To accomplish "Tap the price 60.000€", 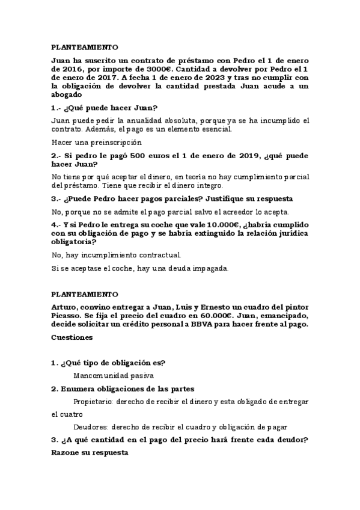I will pos(210,316).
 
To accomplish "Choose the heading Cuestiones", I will pos(72,338).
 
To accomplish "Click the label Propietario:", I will pos(93,401).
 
